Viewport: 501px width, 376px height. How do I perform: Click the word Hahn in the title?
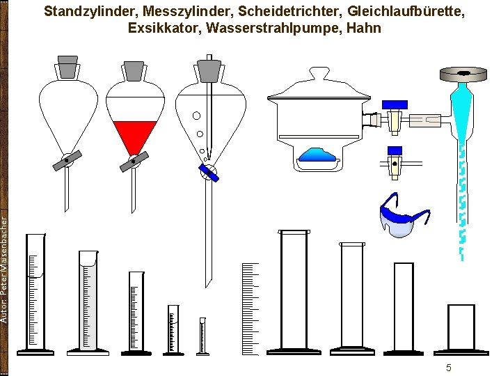click(363, 28)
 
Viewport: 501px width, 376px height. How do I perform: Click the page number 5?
click(449, 368)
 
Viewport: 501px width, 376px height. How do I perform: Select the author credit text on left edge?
click(5, 268)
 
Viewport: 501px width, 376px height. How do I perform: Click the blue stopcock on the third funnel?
click(208, 172)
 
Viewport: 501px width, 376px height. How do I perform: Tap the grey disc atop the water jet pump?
click(463, 72)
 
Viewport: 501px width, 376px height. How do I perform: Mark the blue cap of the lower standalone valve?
click(395, 150)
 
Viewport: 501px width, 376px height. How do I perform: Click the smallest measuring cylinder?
click(202, 337)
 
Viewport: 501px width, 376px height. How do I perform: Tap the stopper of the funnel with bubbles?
click(209, 69)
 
